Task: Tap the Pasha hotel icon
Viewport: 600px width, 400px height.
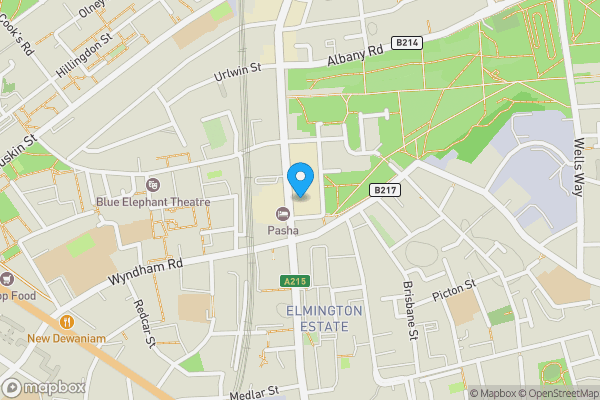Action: click(283, 213)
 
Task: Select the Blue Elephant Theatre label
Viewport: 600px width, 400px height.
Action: click(153, 202)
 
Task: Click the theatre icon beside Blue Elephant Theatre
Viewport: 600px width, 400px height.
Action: click(153, 185)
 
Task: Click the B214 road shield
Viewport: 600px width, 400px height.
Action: click(405, 43)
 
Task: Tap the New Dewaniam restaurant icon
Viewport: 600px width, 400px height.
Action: click(68, 322)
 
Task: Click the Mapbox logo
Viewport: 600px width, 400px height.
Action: click(43, 387)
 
